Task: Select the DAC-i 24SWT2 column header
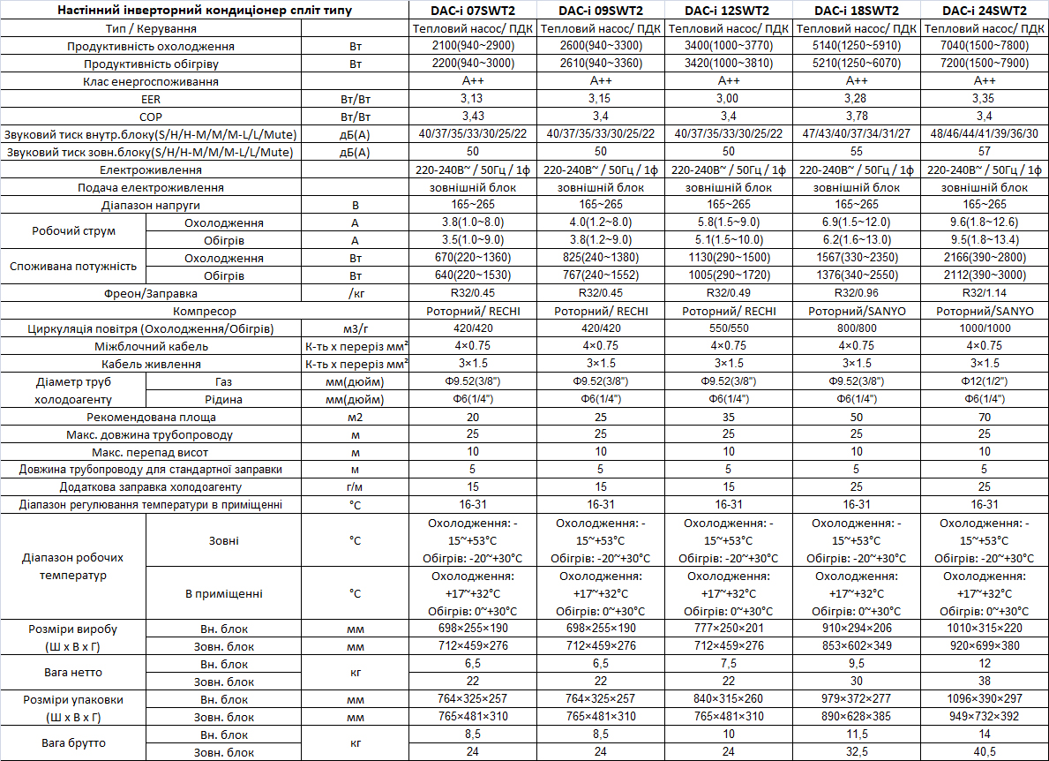985,11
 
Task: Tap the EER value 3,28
856,99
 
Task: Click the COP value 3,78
856,117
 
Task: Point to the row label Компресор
206,311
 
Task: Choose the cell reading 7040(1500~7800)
985,46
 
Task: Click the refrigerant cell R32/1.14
985,293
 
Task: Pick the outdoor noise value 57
985,152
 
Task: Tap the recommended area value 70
985,417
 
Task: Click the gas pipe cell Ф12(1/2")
985,381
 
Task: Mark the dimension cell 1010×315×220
985,629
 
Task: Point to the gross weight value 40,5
985,752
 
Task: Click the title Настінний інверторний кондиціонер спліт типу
206,11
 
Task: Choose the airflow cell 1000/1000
985,328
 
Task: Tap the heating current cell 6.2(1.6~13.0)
856,240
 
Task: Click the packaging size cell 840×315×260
728,699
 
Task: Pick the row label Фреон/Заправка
150,293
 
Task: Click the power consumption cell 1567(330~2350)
856,258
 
